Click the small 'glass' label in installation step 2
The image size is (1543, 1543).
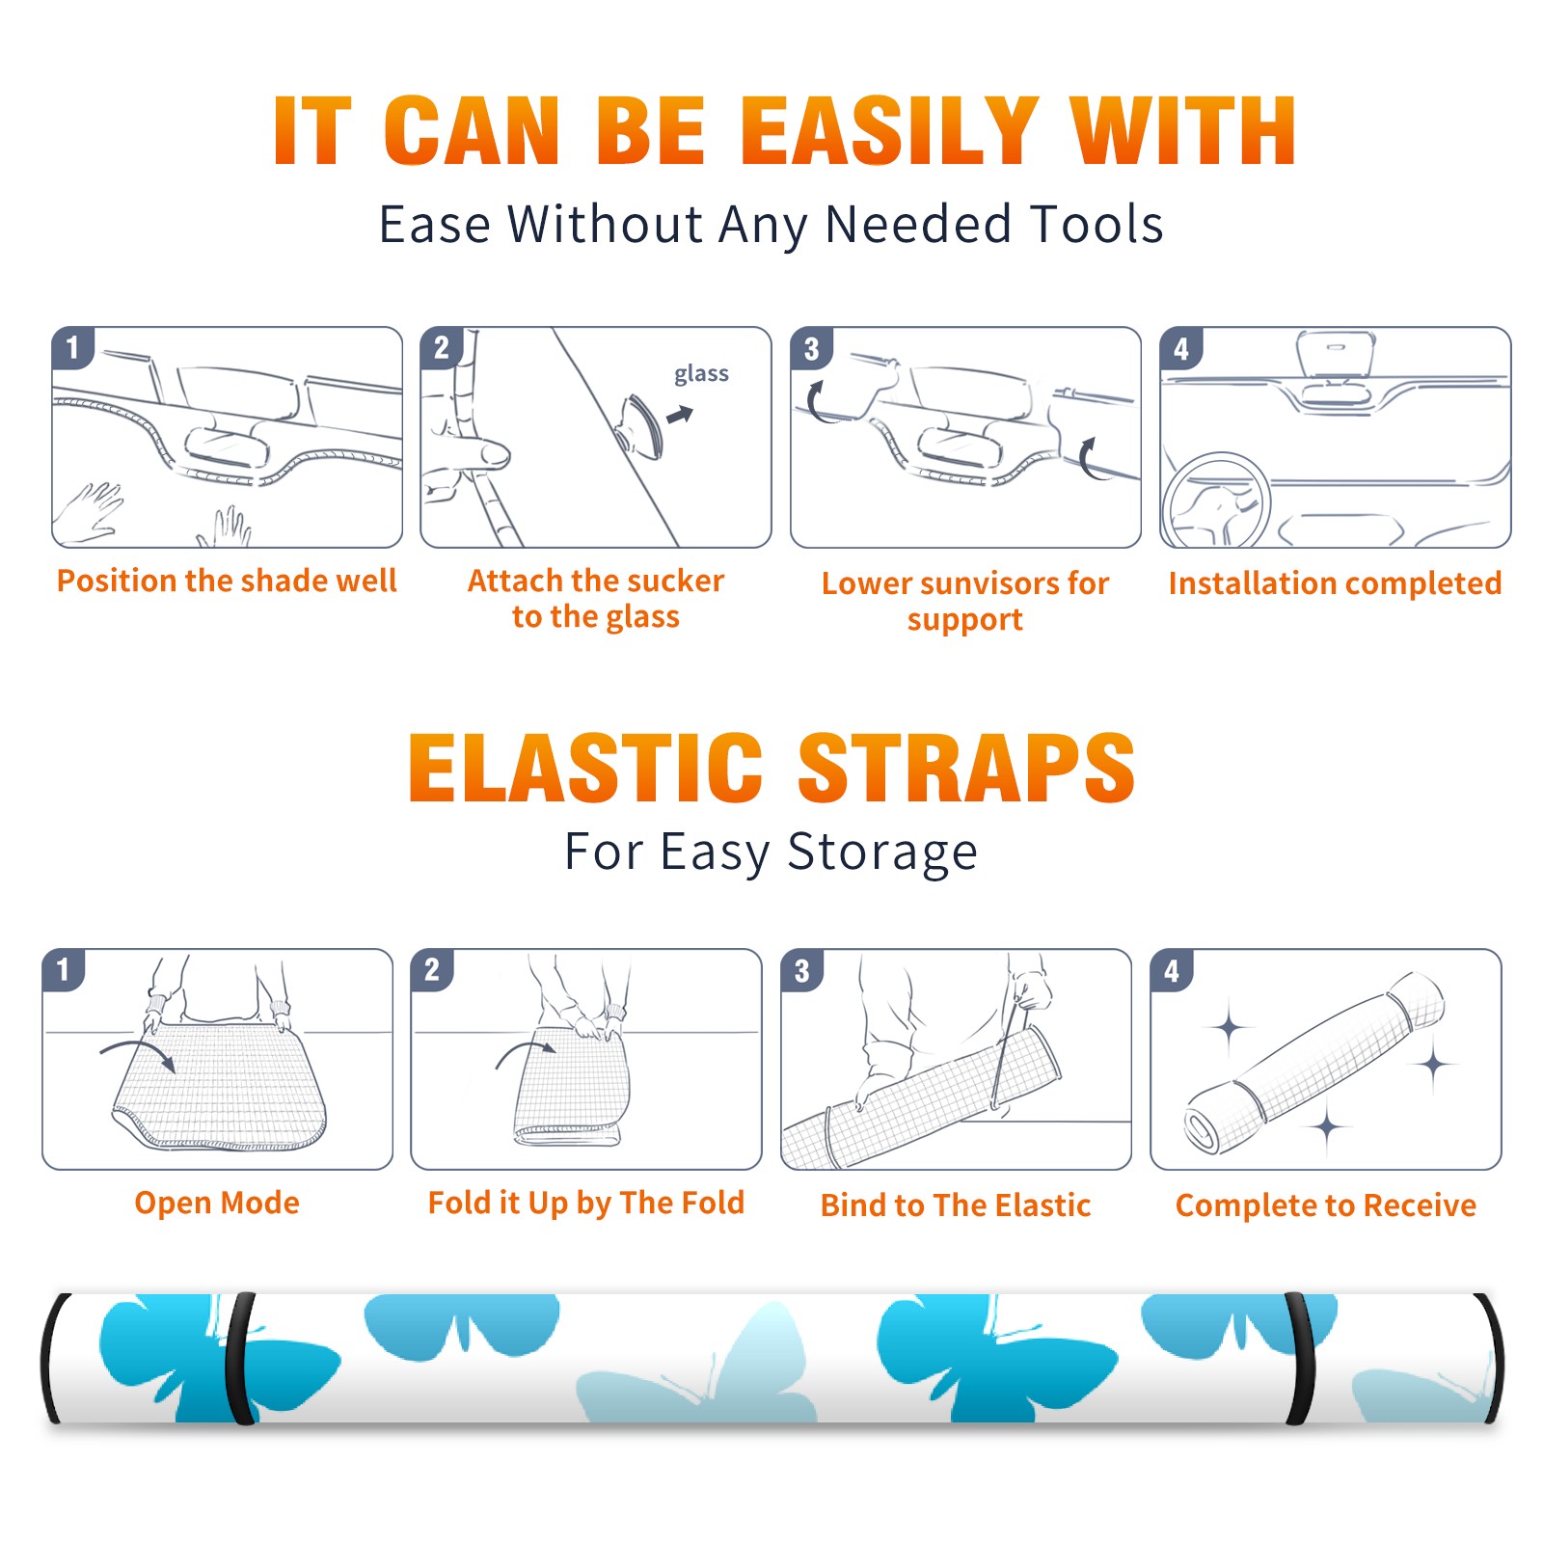click(x=701, y=374)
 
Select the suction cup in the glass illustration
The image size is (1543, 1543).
click(x=640, y=425)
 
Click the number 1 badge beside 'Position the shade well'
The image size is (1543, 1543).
click(x=72, y=347)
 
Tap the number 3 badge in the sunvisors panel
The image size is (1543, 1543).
click(x=811, y=348)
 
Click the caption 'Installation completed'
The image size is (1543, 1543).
click(x=1335, y=582)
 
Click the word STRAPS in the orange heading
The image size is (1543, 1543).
click(x=966, y=768)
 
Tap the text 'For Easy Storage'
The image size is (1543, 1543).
click(x=771, y=853)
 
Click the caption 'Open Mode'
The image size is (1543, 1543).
click(x=217, y=1203)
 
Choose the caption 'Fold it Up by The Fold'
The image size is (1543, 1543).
click(x=586, y=1204)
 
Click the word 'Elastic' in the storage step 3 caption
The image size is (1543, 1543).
click(x=1042, y=1205)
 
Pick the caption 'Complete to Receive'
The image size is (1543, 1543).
click(x=1326, y=1205)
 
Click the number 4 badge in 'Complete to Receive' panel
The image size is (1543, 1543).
click(x=1172, y=970)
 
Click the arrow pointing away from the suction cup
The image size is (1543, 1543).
click(x=680, y=415)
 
